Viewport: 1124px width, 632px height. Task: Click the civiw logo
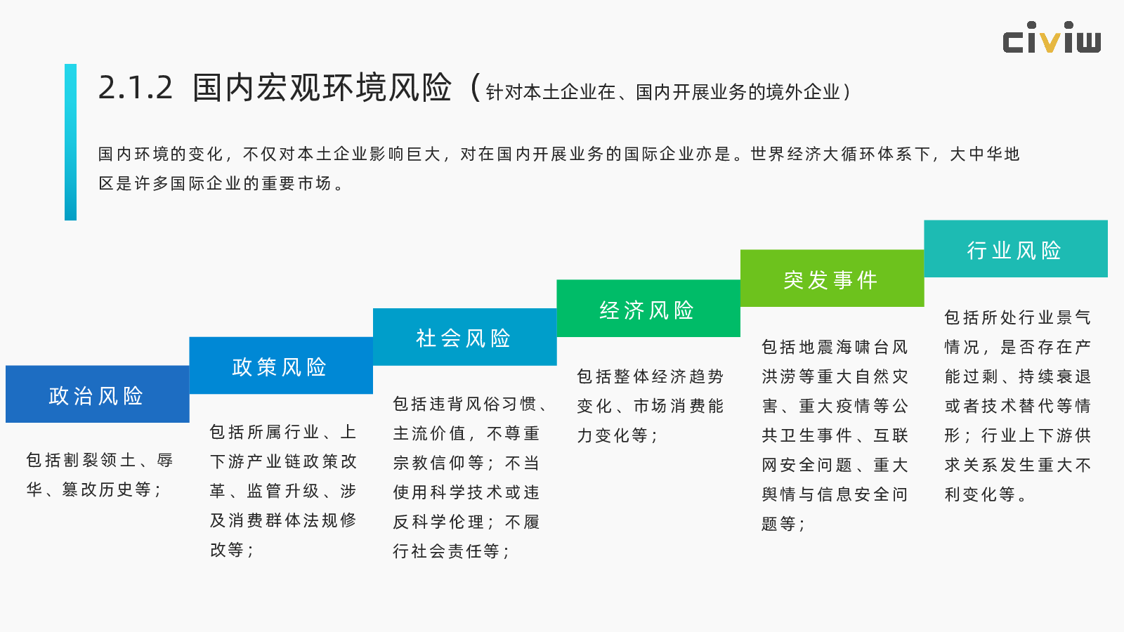1052,37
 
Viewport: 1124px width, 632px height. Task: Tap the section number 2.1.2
136,88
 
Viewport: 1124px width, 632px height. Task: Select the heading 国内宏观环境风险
322,88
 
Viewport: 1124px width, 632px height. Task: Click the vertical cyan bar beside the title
71,142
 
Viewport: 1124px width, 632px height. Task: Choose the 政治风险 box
98,394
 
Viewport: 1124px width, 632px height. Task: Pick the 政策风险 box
281,366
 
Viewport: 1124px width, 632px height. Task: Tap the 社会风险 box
464,337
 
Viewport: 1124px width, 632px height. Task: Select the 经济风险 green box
648,308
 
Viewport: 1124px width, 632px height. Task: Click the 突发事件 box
832,278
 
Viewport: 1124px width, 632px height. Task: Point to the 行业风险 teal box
1016,249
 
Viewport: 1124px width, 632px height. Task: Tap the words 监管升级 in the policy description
283,491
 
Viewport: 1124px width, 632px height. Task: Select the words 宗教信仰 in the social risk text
429,463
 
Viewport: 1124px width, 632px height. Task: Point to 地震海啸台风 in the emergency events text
844,347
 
